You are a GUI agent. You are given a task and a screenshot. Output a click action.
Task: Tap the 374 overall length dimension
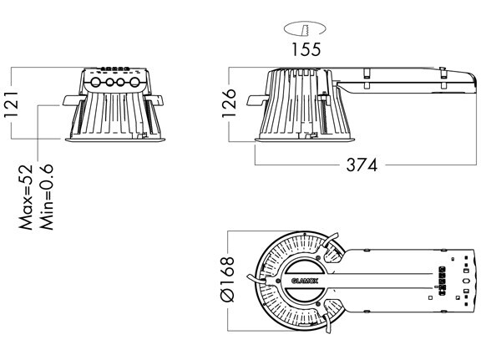coord(361,165)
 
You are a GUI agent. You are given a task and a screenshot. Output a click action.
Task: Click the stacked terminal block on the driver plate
coord(442,278)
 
